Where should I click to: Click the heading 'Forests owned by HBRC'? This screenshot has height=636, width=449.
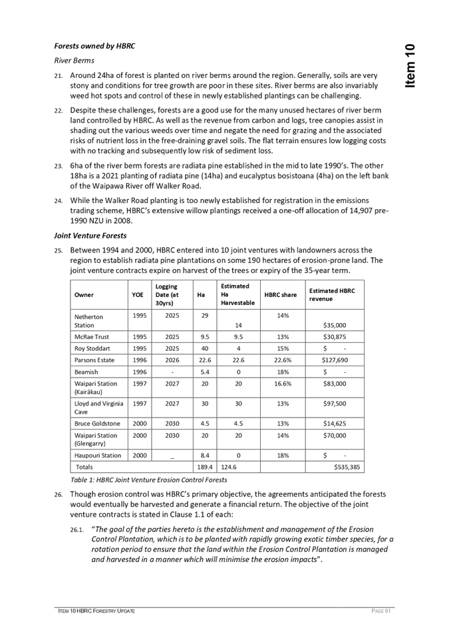(94, 47)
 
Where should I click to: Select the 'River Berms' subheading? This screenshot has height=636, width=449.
(74, 61)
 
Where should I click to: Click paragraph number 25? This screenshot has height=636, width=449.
(59, 250)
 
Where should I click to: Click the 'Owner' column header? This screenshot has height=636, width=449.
(84, 295)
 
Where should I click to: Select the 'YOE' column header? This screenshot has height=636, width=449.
(138, 295)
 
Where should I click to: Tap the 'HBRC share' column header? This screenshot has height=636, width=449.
(281, 295)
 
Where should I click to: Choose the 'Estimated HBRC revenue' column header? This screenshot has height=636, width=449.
(332, 295)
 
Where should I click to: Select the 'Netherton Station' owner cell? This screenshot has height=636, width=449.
(88, 321)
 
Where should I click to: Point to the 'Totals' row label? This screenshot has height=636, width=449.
(83, 468)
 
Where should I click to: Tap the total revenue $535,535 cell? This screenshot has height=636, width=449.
(347, 468)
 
